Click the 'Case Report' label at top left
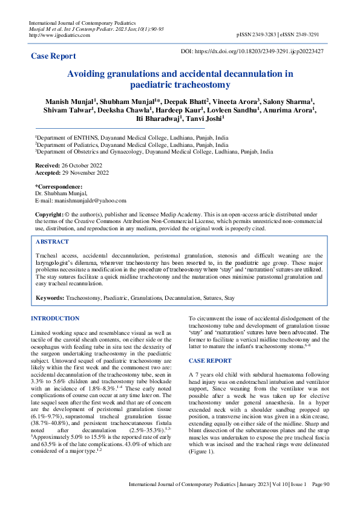pyautogui.click(x=54, y=56)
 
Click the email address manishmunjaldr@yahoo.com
pyautogui.click(x=90, y=200)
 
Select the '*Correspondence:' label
pyautogui.click(x=58, y=186)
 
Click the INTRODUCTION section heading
pyautogui.click(x=55, y=319)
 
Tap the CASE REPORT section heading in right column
pyautogui.click(x=210, y=361)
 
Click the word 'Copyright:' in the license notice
pyautogui.click(x=49, y=215)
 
